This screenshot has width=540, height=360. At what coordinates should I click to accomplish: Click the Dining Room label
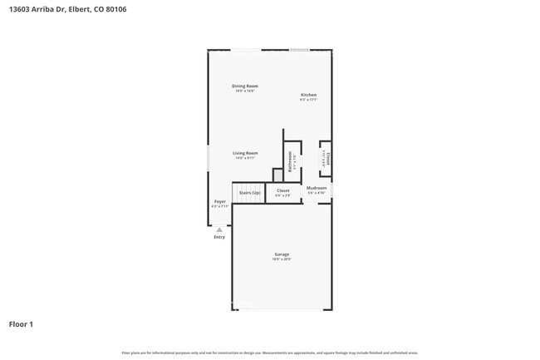click(245, 86)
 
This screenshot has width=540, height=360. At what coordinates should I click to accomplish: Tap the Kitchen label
click(308, 95)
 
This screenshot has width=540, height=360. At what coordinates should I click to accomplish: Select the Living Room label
click(245, 153)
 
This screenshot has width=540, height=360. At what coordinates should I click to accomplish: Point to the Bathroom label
click(290, 160)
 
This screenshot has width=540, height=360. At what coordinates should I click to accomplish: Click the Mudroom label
click(317, 188)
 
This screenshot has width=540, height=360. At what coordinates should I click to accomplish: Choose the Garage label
click(282, 254)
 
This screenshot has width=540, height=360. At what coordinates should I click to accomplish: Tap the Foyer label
click(220, 201)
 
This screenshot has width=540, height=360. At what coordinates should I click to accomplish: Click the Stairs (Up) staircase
click(249, 193)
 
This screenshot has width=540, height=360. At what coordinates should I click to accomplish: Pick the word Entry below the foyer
click(219, 237)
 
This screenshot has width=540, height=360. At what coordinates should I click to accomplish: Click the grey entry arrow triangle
click(219, 229)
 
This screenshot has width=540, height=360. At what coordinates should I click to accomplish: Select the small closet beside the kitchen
click(328, 159)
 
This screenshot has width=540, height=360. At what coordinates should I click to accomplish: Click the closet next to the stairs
click(282, 191)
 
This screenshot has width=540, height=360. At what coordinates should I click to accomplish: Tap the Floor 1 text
click(22, 324)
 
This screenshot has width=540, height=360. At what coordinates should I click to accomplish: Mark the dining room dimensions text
click(245, 91)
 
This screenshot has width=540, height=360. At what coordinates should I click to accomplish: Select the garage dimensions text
click(282, 259)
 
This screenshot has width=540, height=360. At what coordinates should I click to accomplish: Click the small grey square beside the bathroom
click(277, 174)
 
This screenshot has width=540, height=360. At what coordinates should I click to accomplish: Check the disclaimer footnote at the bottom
click(269, 353)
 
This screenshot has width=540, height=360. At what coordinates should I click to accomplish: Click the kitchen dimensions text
click(308, 100)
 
